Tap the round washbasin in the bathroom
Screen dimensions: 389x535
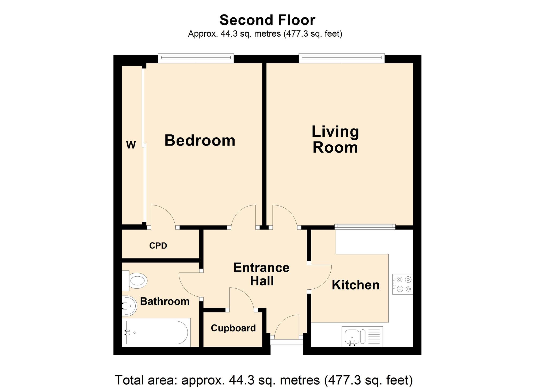[x=129, y=306]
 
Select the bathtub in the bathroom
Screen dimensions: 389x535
[x=156, y=333]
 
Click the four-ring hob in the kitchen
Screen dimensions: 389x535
[x=403, y=284]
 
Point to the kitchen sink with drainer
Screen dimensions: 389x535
[x=362, y=336]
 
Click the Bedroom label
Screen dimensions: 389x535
[x=200, y=140]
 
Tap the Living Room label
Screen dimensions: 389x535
[x=335, y=139]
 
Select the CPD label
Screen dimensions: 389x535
[x=158, y=246]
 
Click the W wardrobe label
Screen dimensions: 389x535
[x=131, y=145]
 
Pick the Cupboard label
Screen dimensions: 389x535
[x=233, y=328]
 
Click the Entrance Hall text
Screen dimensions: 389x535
[x=261, y=274]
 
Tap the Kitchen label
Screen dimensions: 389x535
[x=356, y=285]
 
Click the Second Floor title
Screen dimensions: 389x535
[x=267, y=20]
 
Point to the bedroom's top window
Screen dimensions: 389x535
[x=196, y=58]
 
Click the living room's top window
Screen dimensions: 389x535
[x=342, y=58]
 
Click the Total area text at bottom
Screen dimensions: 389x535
[x=263, y=380]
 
